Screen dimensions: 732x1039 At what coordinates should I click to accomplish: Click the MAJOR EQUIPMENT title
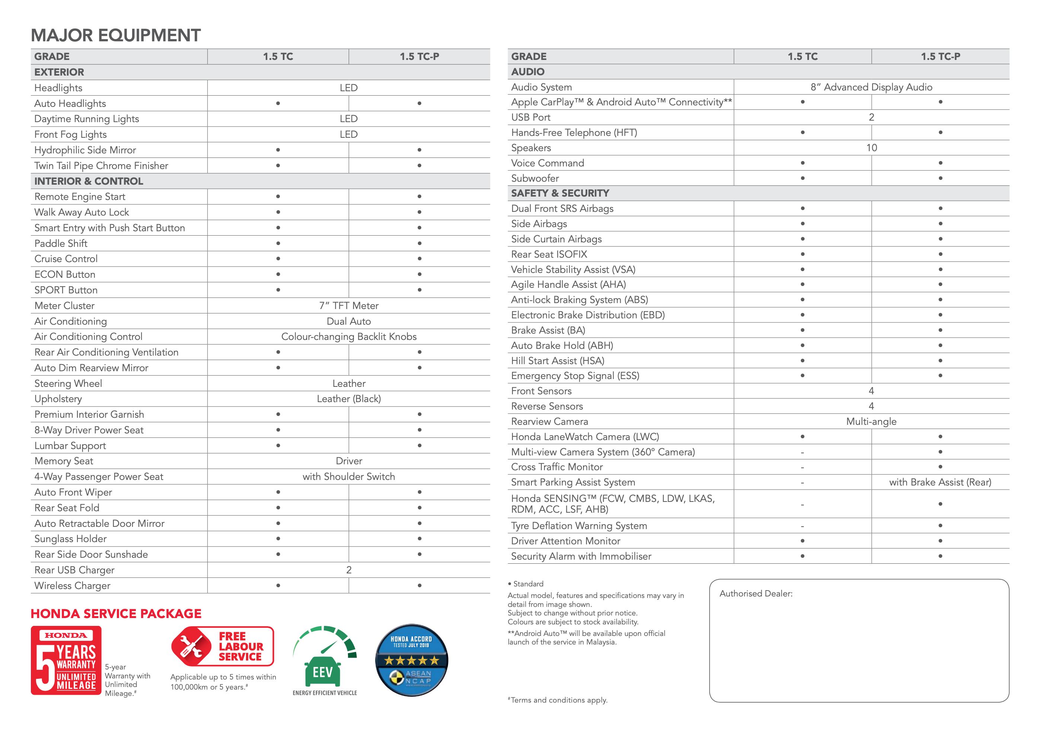[115, 35]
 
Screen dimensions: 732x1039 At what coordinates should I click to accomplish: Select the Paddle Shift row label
[61, 244]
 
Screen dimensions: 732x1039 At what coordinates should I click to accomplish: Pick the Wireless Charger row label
[73, 586]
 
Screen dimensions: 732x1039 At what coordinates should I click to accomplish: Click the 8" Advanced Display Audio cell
[871, 87]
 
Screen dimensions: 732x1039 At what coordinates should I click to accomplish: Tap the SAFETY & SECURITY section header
[560, 193]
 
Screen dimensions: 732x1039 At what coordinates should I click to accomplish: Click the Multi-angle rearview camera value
[871, 421]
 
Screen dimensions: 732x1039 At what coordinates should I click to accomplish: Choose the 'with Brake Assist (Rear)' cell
[940, 482]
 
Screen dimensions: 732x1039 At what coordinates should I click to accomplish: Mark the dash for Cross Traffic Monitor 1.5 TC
[802, 467]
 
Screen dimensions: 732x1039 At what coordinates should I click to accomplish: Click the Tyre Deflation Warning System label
[579, 526]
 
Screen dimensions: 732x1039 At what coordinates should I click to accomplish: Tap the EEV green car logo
[324, 661]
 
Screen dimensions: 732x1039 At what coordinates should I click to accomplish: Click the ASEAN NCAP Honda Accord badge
[411, 660]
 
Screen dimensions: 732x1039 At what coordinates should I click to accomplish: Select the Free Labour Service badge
[223, 646]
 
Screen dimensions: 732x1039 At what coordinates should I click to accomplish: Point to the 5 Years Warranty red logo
[66, 660]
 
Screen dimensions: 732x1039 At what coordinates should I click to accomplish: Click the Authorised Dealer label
[756, 593]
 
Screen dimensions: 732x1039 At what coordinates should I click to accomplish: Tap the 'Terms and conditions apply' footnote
[558, 700]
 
